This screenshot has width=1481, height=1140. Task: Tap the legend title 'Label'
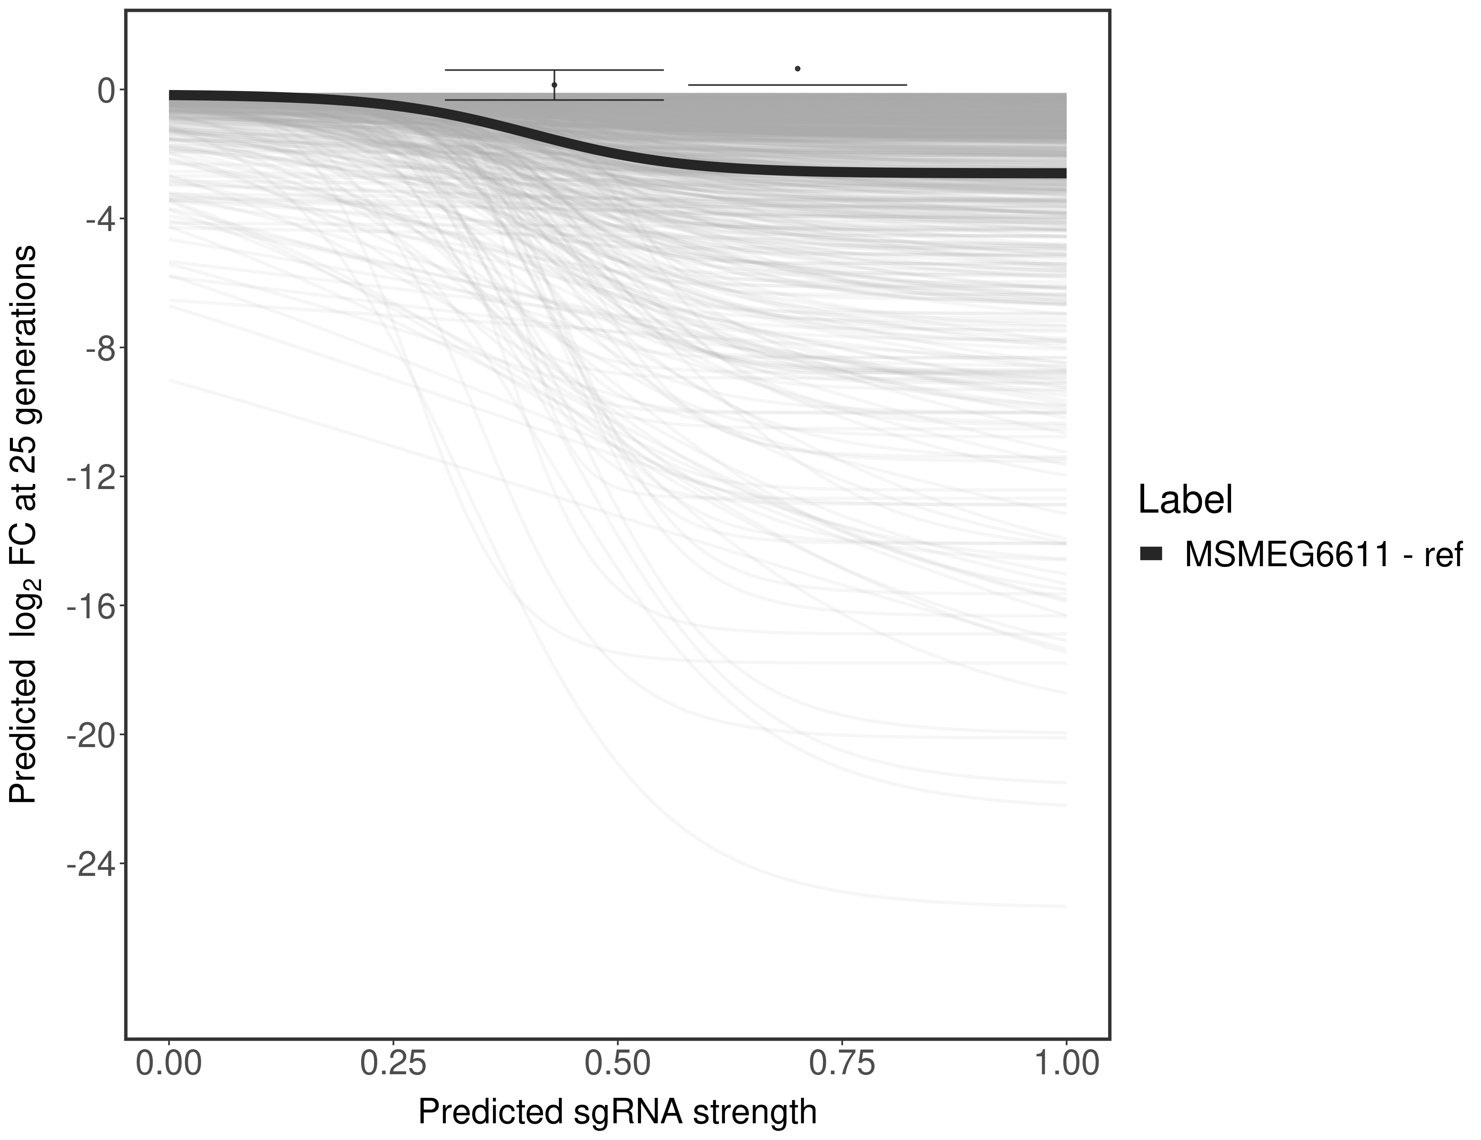pyautogui.click(x=1185, y=500)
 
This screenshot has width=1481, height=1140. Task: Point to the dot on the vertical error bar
pyautogui.click(x=555, y=85)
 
